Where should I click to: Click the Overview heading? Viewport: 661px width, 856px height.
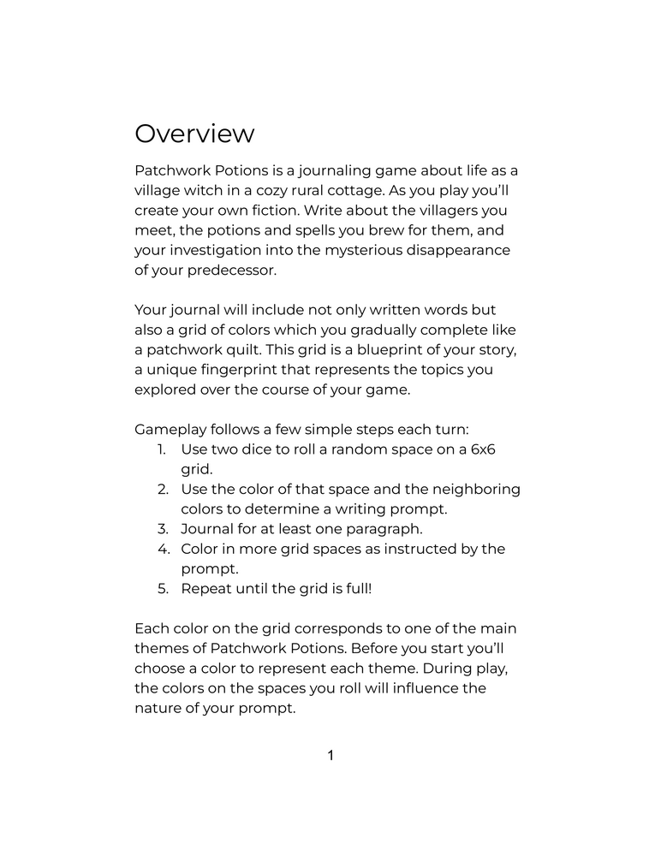194,134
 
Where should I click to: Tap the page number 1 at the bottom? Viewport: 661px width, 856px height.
330,755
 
